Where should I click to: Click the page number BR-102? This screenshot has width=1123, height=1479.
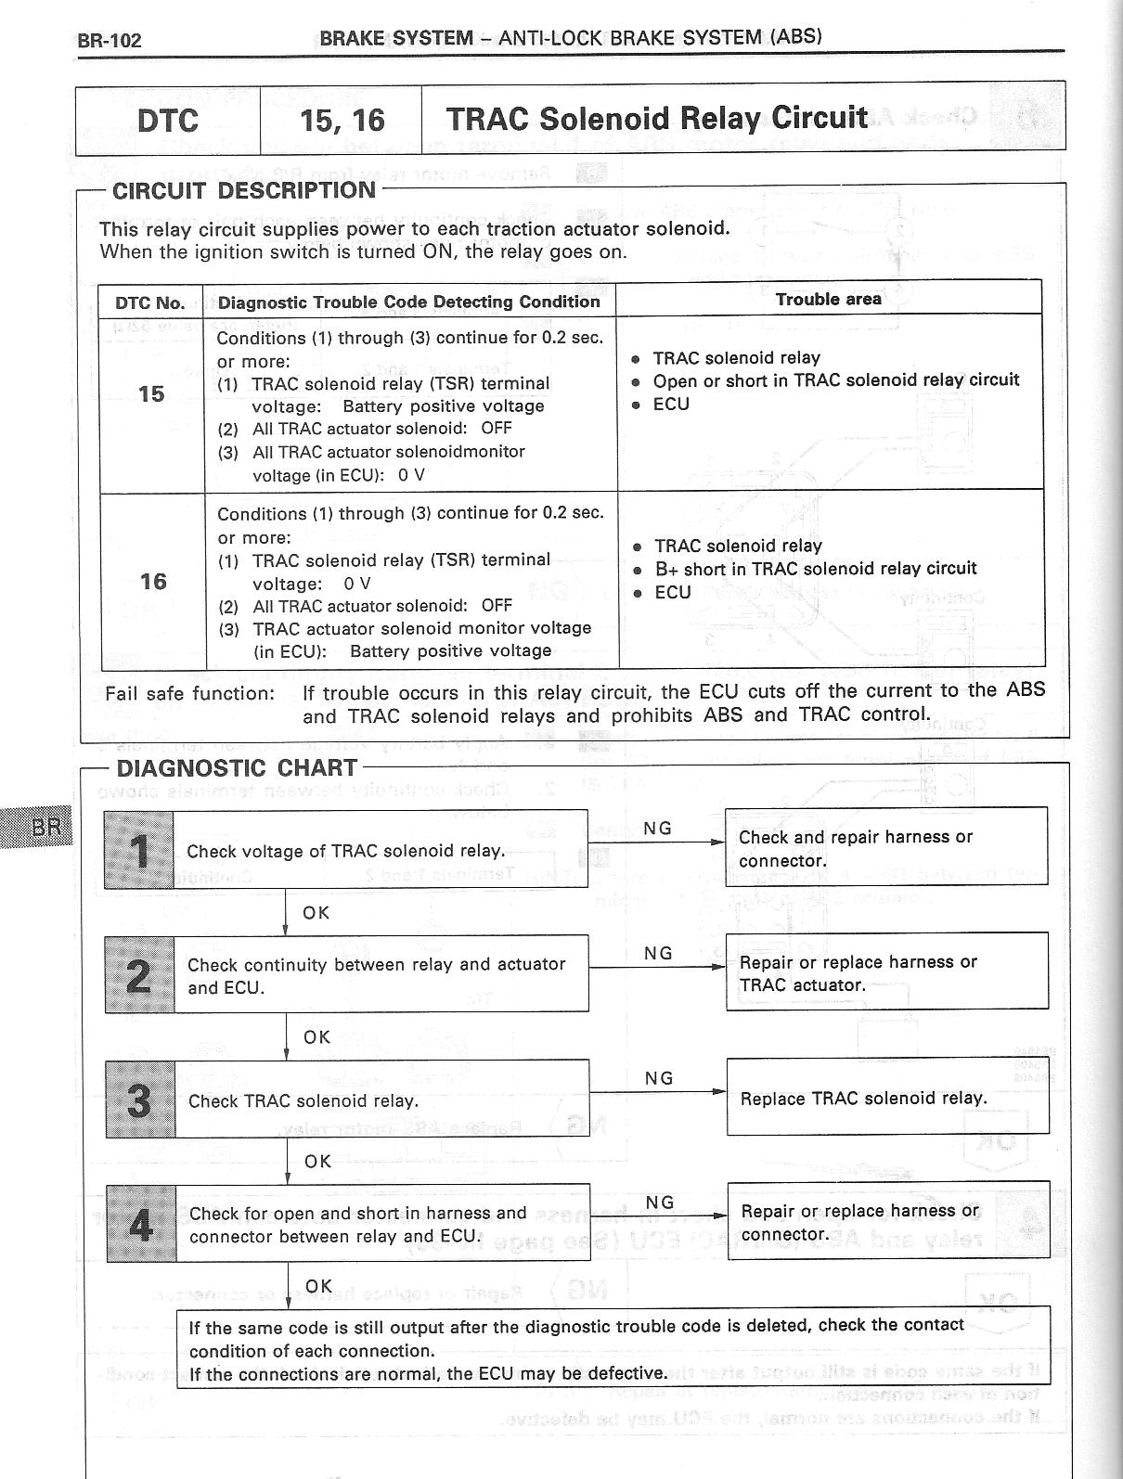110,41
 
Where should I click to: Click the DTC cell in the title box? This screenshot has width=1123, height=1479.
167,120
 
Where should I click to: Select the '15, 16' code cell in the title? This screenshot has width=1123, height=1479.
342,120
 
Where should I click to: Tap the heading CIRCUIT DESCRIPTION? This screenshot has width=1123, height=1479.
244,190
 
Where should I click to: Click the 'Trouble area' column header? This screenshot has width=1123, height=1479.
829,299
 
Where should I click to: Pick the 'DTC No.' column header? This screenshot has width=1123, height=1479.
150,302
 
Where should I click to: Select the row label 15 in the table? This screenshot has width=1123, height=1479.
151,393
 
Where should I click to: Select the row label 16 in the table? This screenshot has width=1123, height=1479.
153,582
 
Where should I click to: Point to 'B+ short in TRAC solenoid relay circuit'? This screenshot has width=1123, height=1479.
815,568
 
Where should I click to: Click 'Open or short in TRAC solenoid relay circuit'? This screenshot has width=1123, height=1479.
835,379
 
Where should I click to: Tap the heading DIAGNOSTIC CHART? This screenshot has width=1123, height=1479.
237,768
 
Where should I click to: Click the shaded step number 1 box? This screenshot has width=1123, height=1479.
139,850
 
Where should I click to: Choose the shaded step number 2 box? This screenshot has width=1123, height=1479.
139,974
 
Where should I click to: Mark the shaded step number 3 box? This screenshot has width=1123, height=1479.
140,1100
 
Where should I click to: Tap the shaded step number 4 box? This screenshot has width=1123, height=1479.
141,1224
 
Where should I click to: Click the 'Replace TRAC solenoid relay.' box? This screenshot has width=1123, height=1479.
887,1099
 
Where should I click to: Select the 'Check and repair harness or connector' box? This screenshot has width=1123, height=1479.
885,848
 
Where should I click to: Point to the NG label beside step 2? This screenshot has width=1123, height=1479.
658,953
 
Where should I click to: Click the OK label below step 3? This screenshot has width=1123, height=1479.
317,1161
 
